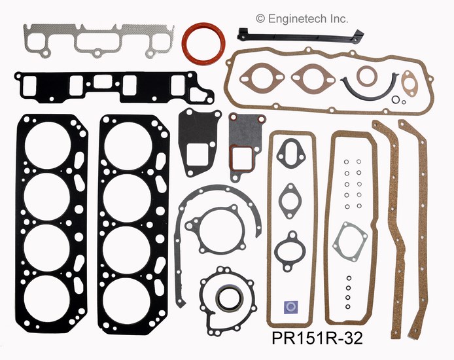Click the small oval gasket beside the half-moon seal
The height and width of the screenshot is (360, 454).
(x=410, y=85)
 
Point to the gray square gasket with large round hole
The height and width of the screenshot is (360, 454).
(x=351, y=240)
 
